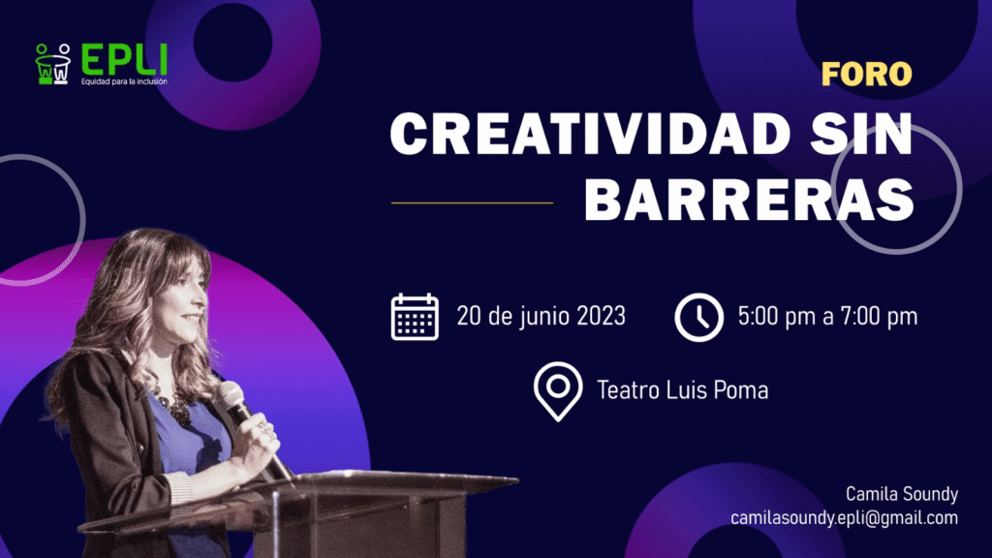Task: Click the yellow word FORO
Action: [866, 74]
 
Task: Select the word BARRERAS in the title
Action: [749, 199]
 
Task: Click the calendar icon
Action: [415, 317]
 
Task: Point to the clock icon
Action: [699, 317]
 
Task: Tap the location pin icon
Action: [557, 391]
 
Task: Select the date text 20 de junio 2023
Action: [541, 317]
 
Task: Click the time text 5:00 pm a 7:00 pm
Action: [827, 317]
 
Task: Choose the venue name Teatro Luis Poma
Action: [683, 390]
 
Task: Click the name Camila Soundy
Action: [902, 493]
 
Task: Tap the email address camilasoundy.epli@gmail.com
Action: [844, 518]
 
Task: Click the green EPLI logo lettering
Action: [124, 59]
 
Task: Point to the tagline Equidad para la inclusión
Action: [124, 81]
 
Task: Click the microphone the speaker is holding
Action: [252, 428]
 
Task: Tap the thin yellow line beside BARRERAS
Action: [472, 202]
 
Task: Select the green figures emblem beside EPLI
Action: [53, 64]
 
